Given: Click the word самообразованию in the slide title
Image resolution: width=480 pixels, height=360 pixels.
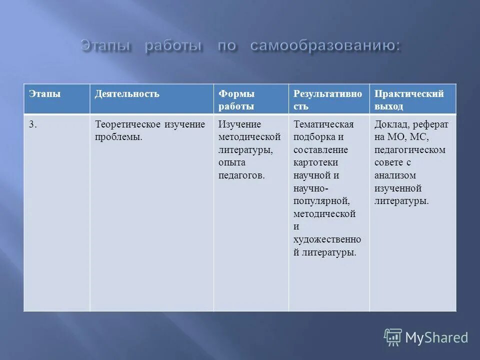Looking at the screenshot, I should [x=325, y=46].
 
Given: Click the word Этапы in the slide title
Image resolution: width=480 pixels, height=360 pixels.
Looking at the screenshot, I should [x=106, y=46].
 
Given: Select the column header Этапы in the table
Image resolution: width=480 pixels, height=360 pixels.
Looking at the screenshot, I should [x=44, y=94].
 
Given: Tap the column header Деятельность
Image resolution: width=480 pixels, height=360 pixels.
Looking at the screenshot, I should [x=127, y=94].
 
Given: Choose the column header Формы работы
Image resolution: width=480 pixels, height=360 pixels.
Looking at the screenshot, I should [x=236, y=100].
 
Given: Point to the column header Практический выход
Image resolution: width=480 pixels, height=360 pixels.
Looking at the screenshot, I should [x=409, y=100].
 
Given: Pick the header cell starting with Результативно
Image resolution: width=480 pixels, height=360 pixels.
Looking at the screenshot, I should [x=327, y=100].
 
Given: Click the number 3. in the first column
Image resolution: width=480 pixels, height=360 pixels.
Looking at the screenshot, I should [x=32, y=124].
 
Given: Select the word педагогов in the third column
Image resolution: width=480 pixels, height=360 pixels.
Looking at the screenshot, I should [x=241, y=175].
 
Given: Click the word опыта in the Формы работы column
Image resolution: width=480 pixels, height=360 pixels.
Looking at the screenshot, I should [x=231, y=162].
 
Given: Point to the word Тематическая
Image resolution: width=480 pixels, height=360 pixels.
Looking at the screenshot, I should [x=323, y=124].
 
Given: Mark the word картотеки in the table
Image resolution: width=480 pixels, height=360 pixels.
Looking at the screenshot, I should [x=316, y=162].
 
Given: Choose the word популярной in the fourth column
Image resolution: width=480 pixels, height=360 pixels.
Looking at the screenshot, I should [x=321, y=200].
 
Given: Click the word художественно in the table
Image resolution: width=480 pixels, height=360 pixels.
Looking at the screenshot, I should [x=327, y=239].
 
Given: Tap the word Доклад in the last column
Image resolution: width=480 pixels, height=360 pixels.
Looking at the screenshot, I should [x=390, y=124].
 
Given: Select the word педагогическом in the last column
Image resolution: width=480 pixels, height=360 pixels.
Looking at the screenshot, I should [x=409, y=150].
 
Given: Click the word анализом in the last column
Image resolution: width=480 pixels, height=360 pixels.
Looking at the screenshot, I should [x=395, y=175].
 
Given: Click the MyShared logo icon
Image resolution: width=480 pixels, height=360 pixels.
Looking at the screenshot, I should [x=393, y=337].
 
